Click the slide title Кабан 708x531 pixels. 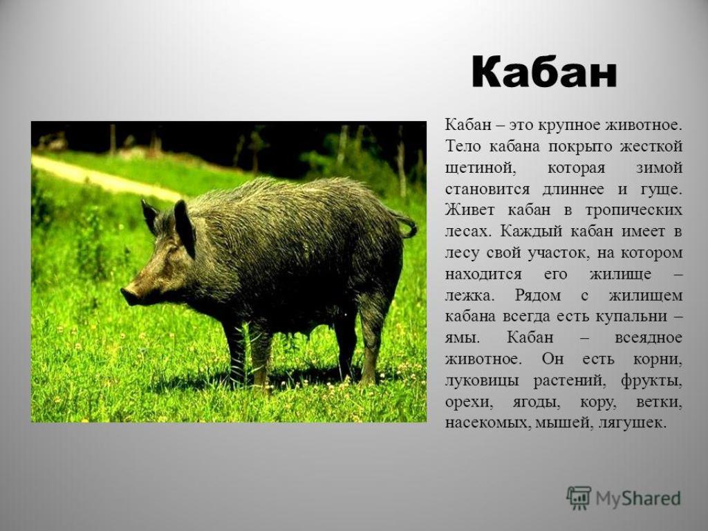click(544, 72)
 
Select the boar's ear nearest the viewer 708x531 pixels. click(184, 228)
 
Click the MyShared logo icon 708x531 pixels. click(579, 498)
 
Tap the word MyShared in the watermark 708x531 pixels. click(638, 499)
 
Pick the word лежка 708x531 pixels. click(469, 296)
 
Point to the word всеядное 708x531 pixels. click(649, 338)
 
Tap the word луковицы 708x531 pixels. click(482, 381)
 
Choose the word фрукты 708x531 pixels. click(651, 381)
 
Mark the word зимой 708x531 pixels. click(659, 168)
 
